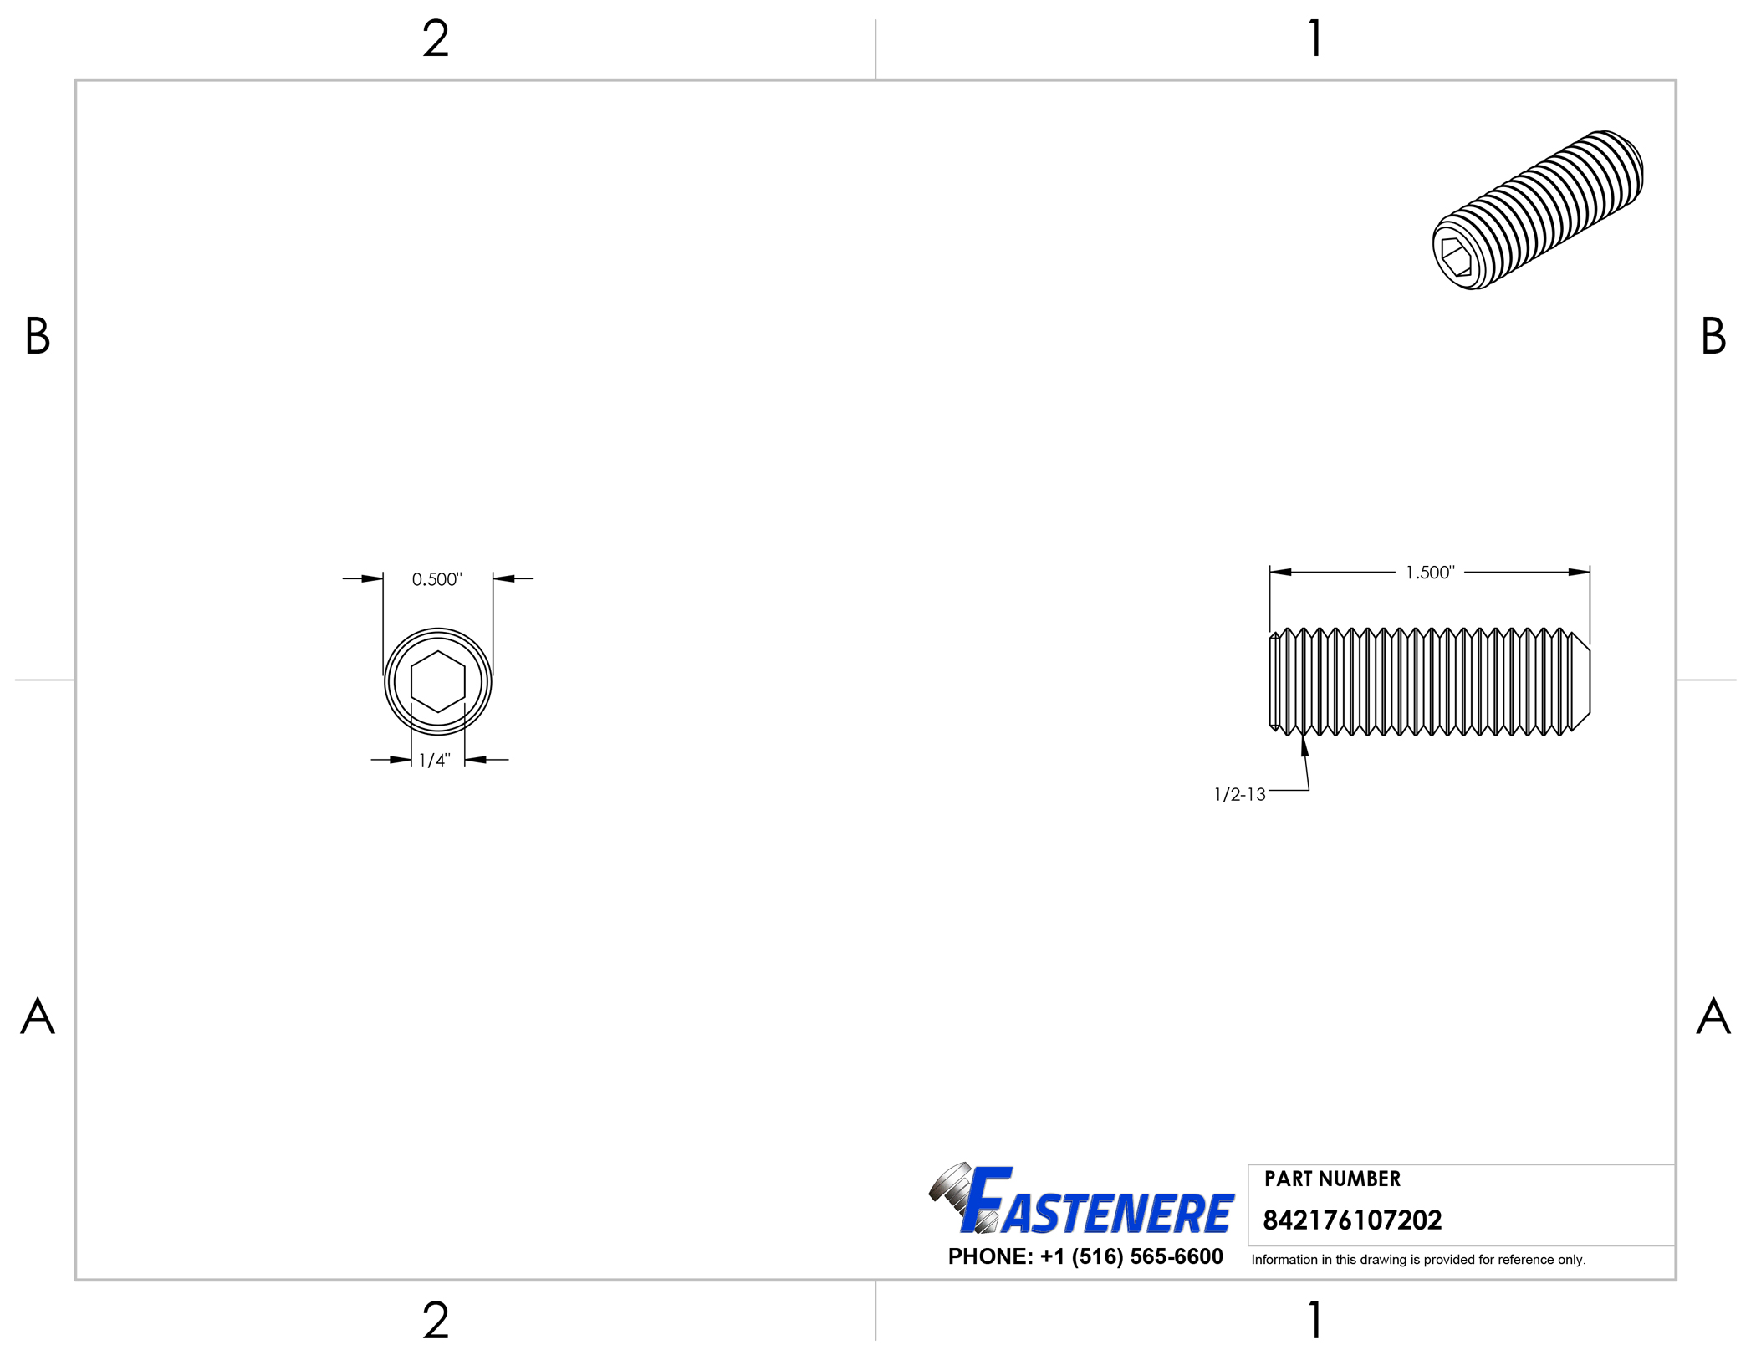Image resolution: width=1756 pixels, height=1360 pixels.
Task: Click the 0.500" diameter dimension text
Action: coord(436,579)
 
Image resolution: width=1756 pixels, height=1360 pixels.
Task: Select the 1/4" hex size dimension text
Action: coord(434,760)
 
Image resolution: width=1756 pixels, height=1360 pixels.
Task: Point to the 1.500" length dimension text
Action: coord(1430,573)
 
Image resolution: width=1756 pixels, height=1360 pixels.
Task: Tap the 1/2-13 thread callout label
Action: coord(1239,794)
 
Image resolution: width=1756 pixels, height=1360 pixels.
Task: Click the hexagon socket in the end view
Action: coord(437,682)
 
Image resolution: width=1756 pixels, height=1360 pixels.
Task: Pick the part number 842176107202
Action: coord(1352,1220)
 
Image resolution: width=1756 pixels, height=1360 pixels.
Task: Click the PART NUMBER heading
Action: coord(1332,1179)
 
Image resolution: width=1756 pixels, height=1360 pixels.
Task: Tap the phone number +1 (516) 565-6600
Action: coord(1085,1256)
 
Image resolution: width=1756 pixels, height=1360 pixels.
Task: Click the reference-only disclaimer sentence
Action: coord(1418,1260)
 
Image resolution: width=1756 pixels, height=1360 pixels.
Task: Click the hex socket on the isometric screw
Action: coord(1456,256)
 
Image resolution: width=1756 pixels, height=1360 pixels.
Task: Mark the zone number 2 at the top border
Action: coord(436,38)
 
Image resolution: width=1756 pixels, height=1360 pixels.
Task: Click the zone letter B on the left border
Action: coord(38,336)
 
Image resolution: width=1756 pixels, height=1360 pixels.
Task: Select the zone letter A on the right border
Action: coord(1713,1016)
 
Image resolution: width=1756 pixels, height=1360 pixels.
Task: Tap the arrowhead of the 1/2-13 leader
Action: coord(1304,744)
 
